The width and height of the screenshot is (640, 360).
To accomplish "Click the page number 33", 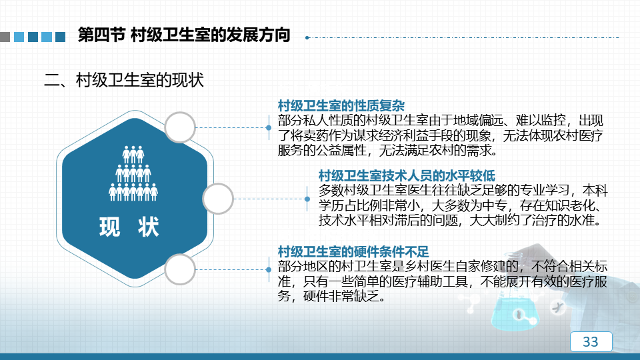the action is tap(590, 341).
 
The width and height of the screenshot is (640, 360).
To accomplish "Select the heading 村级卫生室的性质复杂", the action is tap(341, 106).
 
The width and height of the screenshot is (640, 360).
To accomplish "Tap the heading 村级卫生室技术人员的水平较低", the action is tap(407, 176).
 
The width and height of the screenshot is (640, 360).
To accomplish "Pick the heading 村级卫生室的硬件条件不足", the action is tap(353, 251).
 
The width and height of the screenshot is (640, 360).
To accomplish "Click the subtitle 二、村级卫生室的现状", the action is tap(124, 80).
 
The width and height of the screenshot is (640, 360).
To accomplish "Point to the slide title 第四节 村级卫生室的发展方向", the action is tap(184, 35).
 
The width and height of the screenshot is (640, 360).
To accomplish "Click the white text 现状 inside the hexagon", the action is tap(129, 227).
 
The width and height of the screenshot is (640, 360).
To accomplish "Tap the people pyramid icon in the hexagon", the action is tap(133, 173).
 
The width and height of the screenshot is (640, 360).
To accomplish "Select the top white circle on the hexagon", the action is tap(180, 127).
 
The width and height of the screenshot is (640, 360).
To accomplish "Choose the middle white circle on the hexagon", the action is tap(218, 199).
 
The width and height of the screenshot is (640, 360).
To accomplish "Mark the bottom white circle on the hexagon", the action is tap(180, 269).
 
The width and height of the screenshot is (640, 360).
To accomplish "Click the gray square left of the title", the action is tap(5, 37).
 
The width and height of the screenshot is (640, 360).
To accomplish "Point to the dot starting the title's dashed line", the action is tap(307, 37).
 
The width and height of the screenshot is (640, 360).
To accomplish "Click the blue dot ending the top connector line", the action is tap(269, 128).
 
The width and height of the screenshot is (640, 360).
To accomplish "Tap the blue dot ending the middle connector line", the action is tap(307, 199).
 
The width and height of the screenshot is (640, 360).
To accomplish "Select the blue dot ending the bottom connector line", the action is tap(269, 270).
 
